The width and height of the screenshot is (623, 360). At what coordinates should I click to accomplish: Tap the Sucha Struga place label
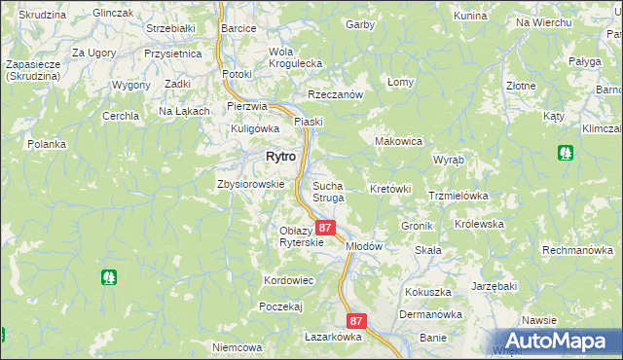328,192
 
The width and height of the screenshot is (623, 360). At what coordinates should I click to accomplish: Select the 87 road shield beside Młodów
326,228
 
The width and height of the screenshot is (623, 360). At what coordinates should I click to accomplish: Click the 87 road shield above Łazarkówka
356,320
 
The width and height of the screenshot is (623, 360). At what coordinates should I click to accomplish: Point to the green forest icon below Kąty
565,153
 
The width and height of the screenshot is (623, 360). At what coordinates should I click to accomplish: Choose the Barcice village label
238,29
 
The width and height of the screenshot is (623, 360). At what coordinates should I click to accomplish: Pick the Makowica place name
399,141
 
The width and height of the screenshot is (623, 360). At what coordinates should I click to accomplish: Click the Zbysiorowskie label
250,184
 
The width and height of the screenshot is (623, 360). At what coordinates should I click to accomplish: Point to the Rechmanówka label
577,251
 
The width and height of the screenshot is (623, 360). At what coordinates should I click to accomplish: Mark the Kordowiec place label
288,280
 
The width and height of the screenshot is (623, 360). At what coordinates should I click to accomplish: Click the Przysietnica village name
172,54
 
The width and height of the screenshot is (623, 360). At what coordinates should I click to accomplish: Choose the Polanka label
47,144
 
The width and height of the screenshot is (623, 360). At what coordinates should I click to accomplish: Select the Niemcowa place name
238,347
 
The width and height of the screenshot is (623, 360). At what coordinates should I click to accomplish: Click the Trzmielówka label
458,196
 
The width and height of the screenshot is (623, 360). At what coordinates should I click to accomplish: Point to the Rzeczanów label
335,95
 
